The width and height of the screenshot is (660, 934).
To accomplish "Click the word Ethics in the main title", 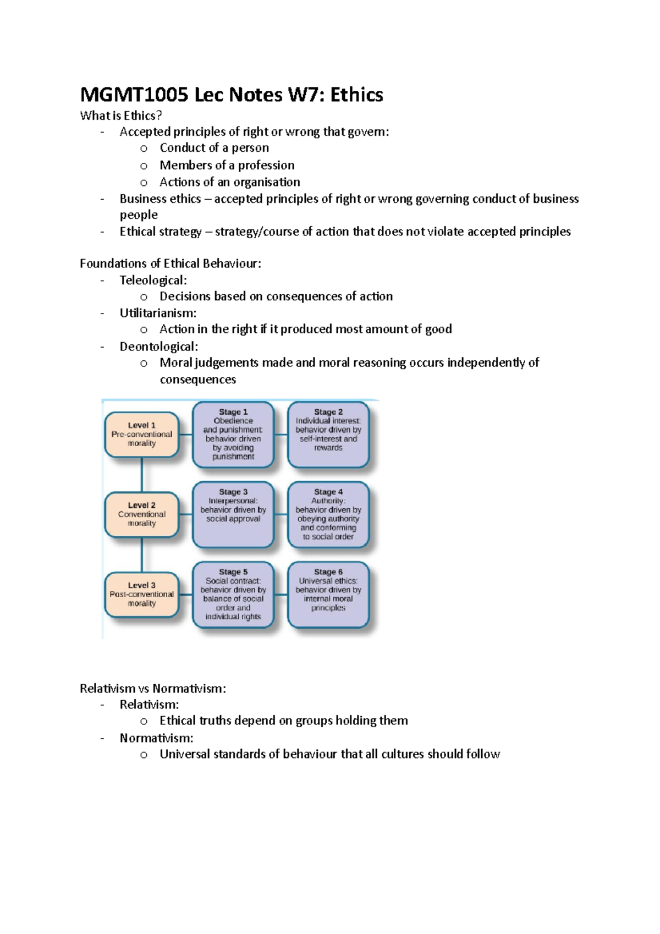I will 356,95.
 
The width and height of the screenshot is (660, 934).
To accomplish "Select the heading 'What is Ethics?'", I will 121,116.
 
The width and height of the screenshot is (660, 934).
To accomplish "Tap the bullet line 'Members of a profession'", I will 227,165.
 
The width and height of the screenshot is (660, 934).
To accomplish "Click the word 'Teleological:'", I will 153,280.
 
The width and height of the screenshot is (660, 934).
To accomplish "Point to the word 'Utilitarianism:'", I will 158,313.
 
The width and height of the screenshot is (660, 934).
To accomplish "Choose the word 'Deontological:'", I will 158,347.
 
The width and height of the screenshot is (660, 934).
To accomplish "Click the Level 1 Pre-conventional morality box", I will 142,435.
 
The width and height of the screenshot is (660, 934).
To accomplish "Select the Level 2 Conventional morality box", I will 142,514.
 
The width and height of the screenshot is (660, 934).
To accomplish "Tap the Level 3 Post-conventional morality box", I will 142,595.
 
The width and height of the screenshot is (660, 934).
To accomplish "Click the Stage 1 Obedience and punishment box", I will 233,435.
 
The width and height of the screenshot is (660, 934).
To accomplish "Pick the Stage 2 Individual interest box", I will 328,435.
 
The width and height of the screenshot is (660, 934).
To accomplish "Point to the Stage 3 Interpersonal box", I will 233,514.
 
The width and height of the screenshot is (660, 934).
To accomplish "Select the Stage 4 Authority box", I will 328,514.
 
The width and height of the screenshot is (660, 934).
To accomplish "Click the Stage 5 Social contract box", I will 233,595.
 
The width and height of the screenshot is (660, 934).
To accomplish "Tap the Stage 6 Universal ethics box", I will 328,595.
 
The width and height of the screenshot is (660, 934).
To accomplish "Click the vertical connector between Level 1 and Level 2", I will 142,475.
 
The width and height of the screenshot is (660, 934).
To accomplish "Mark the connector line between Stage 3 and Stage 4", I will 281,514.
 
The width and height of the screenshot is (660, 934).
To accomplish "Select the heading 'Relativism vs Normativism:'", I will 153,689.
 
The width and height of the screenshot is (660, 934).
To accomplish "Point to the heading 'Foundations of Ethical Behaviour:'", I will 170,263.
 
